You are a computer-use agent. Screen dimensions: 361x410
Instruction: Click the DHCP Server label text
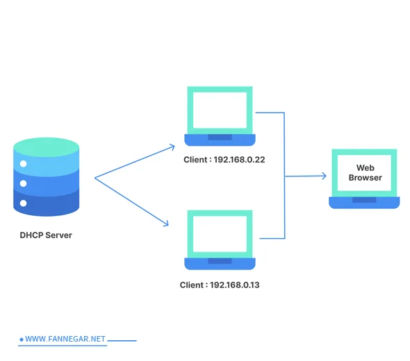click(x=45, y=235)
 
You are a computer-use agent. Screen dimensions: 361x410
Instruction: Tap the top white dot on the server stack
click(x=23, y=164)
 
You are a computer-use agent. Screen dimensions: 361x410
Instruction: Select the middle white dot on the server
click(x=23, y=184)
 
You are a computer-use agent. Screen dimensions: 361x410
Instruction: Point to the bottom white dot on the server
click(x=23, y=203)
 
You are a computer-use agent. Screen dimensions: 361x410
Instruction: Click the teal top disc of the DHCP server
click(x=46, y=146)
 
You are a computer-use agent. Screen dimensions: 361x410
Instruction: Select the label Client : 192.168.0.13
click(x=220, y=285)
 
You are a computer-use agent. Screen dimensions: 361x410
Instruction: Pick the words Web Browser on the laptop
click(x=365, y=173)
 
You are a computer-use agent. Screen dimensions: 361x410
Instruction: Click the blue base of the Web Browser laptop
click(x=364, y=202)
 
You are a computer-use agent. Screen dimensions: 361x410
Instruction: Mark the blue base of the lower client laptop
click(x=220, y=263)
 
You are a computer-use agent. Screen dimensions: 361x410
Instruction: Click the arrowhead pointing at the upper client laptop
click(x=173, y=146)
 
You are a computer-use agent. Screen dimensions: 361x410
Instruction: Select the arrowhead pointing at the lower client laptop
click(x=167, y=224)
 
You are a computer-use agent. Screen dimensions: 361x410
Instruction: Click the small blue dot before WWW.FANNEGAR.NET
click(x=22, y=339)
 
